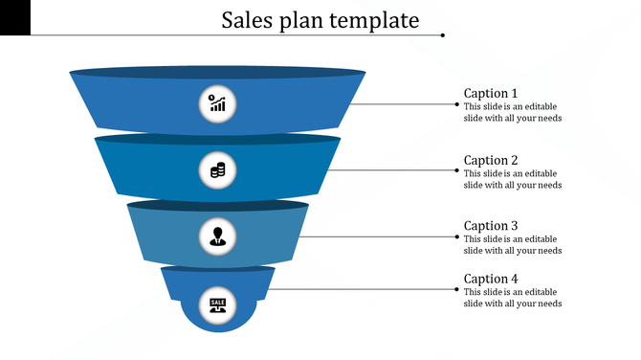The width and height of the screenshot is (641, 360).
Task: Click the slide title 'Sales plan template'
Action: coord(320,19)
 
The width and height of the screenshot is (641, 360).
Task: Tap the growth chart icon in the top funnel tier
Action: coord(218,103)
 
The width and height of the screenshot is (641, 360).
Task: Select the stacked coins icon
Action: coord(218,170)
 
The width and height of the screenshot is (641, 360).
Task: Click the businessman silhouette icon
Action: coord(218,236)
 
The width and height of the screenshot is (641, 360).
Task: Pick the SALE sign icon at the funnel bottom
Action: coord(218,304)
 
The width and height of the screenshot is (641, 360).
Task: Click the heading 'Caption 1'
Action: coord(491,93)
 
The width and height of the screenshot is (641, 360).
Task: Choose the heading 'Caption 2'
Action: coord(491,160)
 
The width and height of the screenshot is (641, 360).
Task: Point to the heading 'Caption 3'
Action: coord(491,226)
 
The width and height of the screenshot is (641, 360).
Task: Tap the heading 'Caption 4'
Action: coord(491,279)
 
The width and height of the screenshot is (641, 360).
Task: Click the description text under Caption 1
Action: coord(512,112)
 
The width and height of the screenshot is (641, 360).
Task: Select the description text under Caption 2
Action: coord(512,179)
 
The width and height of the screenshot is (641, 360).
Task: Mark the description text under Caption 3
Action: coord(512,244)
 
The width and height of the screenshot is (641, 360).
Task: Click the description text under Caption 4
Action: coord(512,298)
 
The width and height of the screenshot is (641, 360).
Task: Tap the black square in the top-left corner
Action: coord(15,16)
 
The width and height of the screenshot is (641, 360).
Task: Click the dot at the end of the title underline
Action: coord(442,35)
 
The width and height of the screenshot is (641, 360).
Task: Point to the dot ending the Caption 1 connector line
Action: coord(456,103)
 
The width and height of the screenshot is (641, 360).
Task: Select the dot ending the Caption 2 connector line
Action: coord(456,170)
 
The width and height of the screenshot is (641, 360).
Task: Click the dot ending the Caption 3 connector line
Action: coord(456,236)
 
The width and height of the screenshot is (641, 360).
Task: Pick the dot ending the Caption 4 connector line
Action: coord(456,288)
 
